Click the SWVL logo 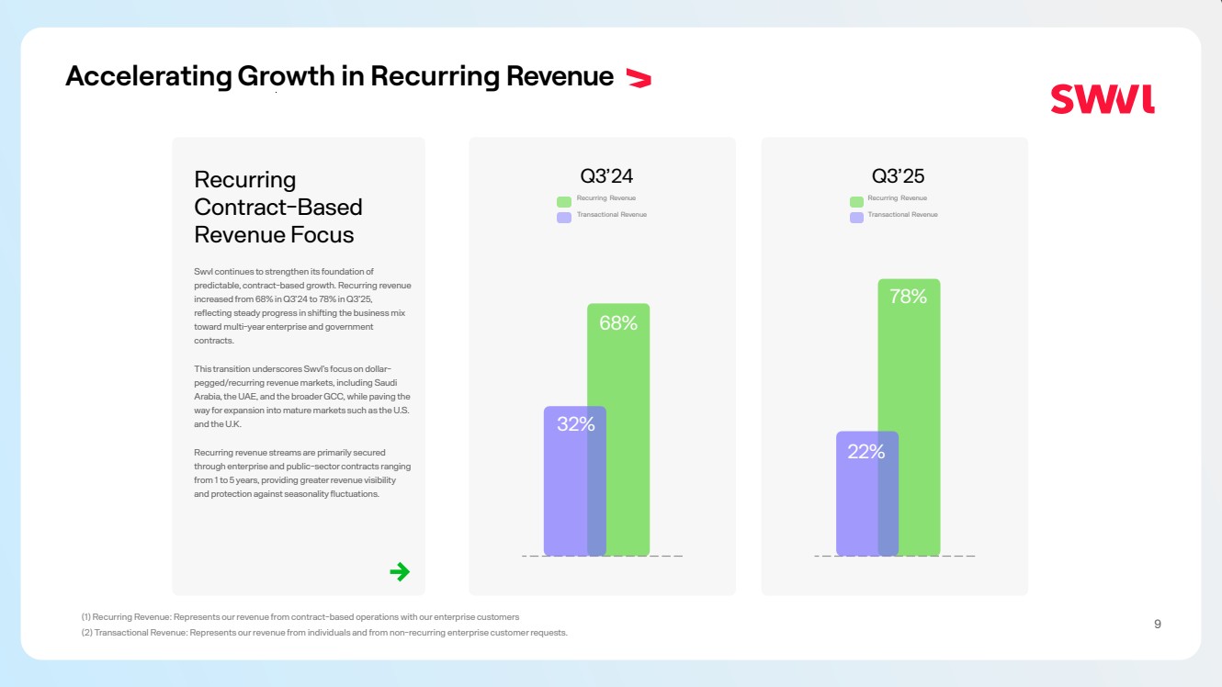[1103, 99]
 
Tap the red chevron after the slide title [638, 78]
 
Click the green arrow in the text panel [400, 572]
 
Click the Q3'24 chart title [606, 175]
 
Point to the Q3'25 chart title [898, 175]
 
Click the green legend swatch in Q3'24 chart [564, 201]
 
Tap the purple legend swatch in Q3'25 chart [856, 218]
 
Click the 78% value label [908, 297]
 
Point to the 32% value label [576, 424]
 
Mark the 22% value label [866, 452]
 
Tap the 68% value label [618, 323]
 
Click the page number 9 [1157, 625]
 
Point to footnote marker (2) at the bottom [86, 633]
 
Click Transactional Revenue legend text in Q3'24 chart [612, 215]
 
